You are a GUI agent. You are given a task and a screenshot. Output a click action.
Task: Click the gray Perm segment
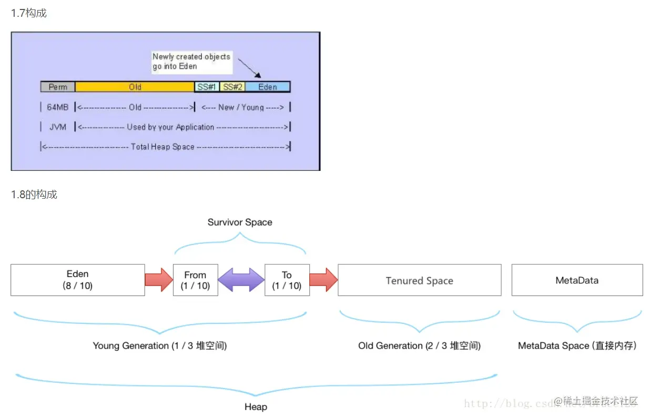point(58,87)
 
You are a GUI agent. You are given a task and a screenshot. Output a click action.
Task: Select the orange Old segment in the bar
point(135,87)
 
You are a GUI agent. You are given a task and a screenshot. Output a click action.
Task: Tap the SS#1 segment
point(207,87)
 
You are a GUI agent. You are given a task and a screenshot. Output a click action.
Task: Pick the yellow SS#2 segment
point(232,87)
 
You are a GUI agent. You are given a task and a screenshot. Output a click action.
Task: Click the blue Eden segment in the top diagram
point(267,87)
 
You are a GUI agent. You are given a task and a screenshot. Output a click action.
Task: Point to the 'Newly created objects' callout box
point(191,62)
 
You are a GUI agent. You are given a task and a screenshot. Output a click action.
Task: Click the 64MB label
point(58,107)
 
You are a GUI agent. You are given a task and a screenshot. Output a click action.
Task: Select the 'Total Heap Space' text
point(162,147)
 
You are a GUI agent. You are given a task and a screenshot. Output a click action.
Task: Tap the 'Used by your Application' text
point(170,127)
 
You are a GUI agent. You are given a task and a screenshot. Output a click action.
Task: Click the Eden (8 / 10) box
point(77,280)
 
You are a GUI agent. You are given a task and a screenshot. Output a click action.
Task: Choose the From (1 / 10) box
point(195,280)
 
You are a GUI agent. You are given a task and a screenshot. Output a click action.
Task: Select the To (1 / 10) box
point(287,280)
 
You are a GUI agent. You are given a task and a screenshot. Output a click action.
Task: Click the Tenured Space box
point(419,280)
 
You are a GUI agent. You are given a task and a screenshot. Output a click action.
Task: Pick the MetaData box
point(577,280)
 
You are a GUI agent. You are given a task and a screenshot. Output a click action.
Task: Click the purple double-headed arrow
point(241,280)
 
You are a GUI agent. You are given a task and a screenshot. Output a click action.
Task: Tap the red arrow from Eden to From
point(159,280)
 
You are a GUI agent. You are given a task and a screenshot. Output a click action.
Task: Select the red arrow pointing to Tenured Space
point(323,280)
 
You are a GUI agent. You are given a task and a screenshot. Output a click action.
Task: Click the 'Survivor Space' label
point(240,222)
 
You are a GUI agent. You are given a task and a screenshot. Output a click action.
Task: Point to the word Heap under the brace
point(256,407)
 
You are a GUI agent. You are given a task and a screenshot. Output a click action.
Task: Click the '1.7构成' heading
point(29,13)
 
